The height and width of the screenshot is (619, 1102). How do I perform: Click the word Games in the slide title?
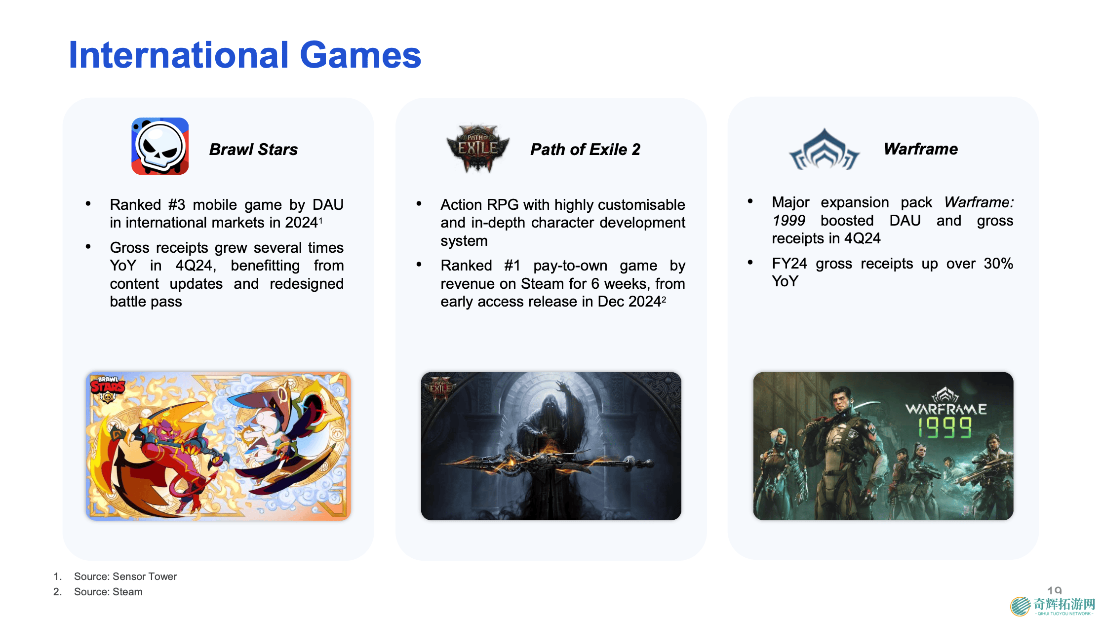click(360, 55)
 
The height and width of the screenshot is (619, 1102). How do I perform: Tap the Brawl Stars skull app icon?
click(160, 146)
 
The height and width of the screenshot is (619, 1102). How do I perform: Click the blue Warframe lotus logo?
click(824, 149)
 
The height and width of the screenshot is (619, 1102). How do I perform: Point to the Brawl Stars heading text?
click(253, 149)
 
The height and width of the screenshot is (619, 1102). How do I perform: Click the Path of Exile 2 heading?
click(585, 149)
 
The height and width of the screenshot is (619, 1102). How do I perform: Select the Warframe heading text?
click(921, 149)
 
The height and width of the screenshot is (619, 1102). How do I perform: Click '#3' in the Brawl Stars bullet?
click(176, 204)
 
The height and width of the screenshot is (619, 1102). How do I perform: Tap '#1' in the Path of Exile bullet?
click(512, 266)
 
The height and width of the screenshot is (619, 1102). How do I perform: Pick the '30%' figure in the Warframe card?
click(998, 264)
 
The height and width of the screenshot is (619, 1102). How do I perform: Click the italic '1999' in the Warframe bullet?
click(788, 221)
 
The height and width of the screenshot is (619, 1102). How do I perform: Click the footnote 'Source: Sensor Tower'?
click(125, 576)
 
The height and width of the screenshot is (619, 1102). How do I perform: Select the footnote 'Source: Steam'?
click(108, 591)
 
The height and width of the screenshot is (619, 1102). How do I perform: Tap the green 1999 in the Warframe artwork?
click(945, 427)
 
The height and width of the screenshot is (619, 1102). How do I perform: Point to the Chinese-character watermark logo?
click(1053, 606)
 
